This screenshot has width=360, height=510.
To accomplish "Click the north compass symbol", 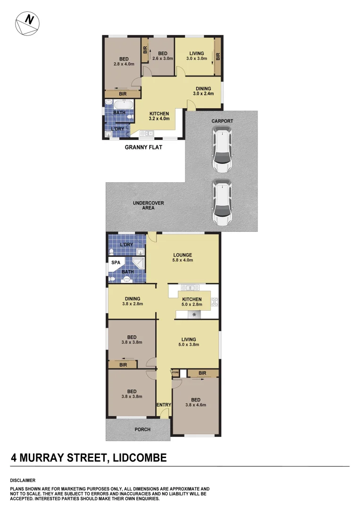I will point(27,23).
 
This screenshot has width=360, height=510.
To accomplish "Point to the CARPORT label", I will point(222,121).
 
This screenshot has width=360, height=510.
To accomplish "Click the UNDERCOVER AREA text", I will point(148,205).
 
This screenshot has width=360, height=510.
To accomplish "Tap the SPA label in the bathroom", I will point(116,262).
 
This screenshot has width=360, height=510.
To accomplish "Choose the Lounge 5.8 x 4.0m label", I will point(182,258).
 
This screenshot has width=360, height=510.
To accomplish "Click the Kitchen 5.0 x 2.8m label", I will point(192,302).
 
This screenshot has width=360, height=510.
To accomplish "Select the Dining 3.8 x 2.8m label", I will point(132,301).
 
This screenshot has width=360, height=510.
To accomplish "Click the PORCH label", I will point(142,430).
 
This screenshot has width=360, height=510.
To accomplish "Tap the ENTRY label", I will point(164,405).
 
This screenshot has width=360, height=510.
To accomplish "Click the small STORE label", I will point(175,373).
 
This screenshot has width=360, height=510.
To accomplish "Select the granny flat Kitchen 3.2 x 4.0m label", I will point(159,117).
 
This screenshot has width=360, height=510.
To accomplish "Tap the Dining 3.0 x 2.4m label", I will point(203,91).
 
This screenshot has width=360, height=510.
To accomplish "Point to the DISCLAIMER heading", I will point(23,480).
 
